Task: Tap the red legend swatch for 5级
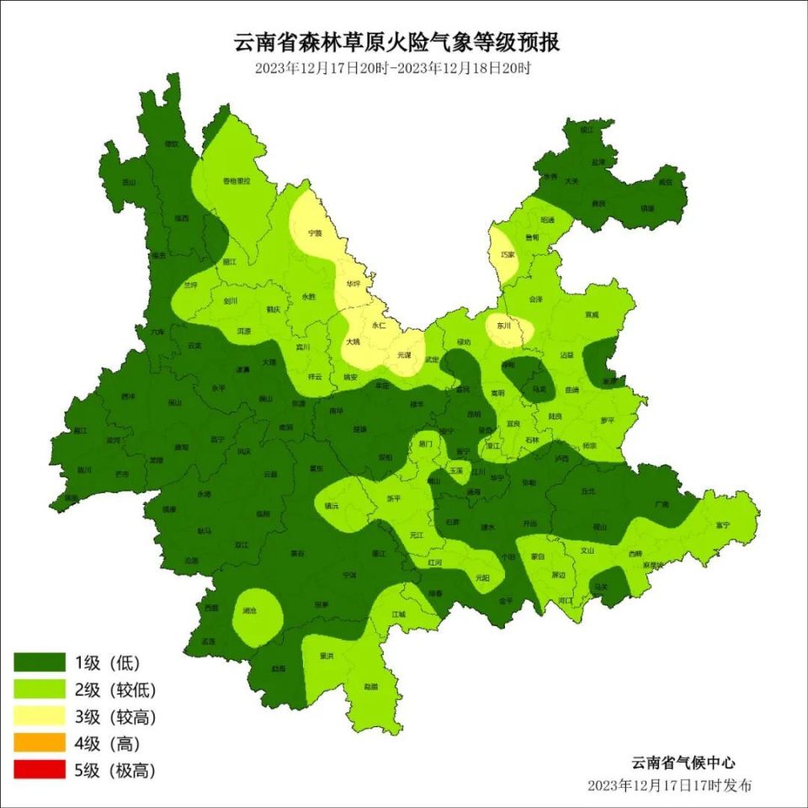coord(39,769)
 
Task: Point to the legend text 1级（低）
coord(107,662)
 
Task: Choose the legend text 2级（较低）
coord(114,689)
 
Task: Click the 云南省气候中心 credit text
coord(683,763)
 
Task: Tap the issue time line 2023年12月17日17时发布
coord(670,784)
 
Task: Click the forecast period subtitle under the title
coord(393,68)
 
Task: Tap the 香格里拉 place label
coord(236,180)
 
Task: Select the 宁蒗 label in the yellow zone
coord(316,231)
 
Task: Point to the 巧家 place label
coord(507,253)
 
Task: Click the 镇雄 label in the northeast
coord(647,207)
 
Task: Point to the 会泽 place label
coord(536,299)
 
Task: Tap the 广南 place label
coord(662,504)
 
